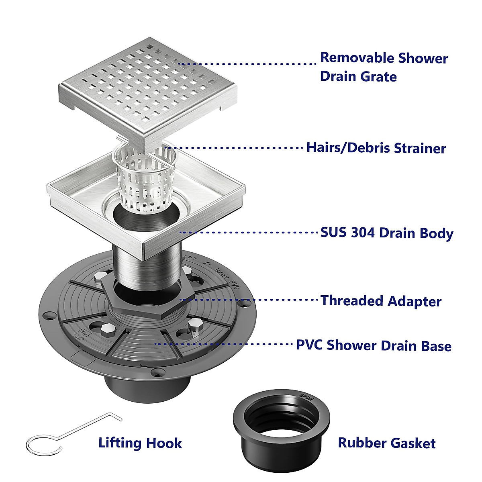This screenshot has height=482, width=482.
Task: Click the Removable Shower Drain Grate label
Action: tap(384, 67)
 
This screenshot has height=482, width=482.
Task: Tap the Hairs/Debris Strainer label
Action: tap(376, 148)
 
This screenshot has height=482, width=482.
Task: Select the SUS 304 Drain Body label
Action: tap(386, 233)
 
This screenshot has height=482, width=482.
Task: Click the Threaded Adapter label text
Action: tap(381, 301)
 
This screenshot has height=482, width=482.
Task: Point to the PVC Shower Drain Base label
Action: tap(374, 345)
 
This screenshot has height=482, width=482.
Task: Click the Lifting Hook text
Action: tap(140, 443)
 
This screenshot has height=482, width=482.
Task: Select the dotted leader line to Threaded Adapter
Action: tap(249, 300)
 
